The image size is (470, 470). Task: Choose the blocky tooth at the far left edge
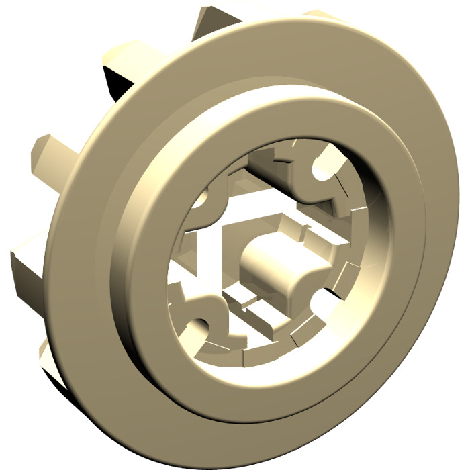(x=23, y=262)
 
